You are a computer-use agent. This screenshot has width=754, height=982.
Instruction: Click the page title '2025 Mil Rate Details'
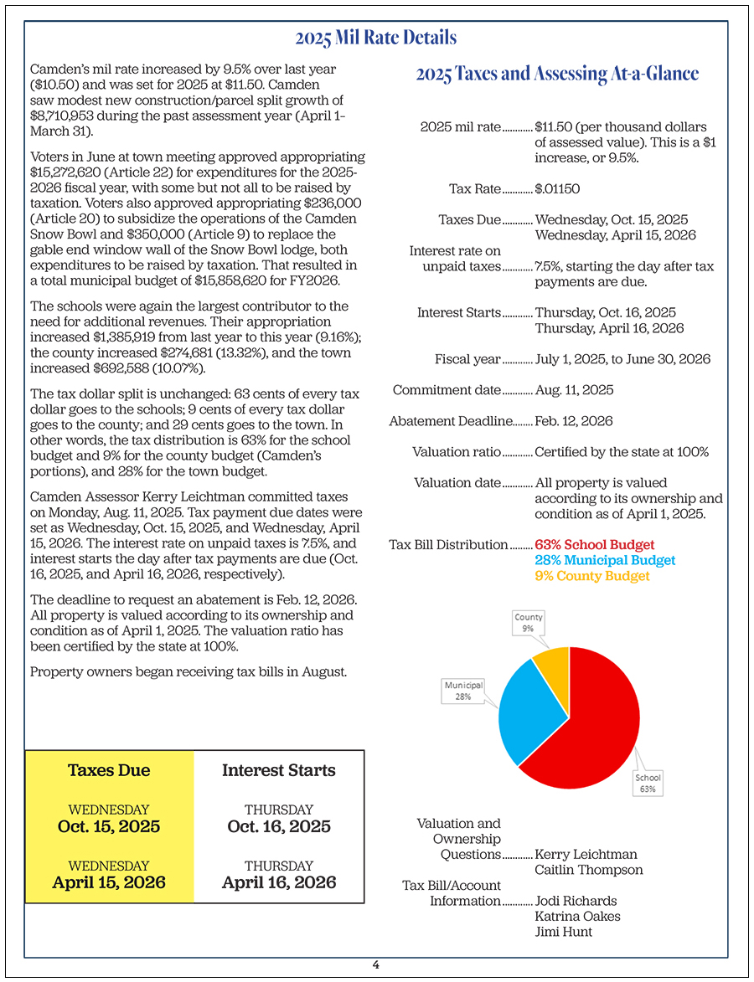376,38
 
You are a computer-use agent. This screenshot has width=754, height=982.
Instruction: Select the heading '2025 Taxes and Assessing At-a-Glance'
557,74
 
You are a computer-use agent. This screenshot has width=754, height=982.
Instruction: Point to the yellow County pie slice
553,661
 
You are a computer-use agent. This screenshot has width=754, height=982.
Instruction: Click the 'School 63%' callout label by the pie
648,784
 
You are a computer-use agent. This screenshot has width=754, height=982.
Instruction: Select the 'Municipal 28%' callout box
462,691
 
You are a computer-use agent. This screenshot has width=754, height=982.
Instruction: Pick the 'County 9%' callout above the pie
529,623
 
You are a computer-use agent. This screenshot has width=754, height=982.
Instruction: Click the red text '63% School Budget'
595,545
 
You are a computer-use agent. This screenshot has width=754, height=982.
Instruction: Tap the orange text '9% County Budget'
592,576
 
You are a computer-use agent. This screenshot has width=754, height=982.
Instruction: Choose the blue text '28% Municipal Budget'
605,560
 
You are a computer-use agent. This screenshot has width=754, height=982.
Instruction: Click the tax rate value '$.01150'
557,189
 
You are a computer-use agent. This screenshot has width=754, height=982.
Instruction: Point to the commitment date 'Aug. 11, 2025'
574,390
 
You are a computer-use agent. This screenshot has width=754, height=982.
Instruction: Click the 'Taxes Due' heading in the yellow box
109,770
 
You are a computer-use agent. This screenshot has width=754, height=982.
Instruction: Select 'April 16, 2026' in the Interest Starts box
279,882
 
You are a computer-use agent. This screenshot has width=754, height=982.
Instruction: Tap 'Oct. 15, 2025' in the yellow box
109,826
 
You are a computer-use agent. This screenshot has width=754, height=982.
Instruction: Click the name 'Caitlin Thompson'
589,870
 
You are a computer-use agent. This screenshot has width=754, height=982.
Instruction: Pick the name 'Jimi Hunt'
564,931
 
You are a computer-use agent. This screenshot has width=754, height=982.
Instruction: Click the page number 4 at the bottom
376,964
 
